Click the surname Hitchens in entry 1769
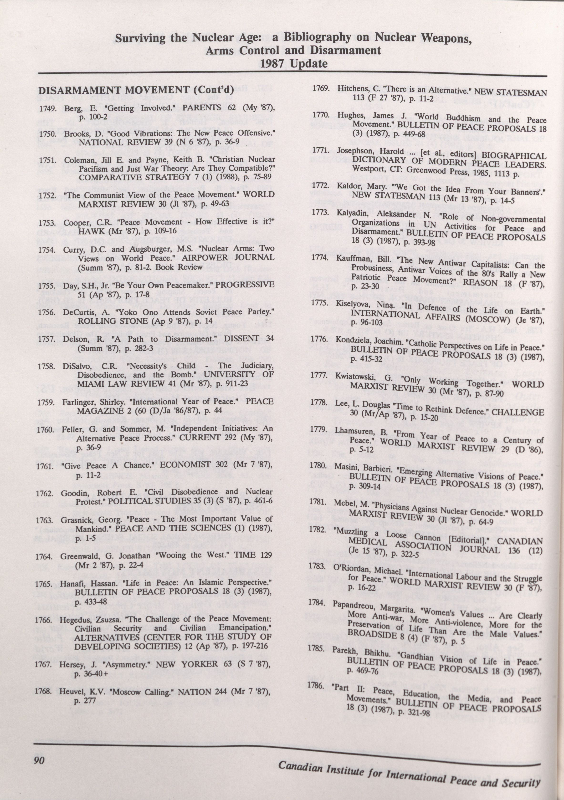point(351,89)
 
